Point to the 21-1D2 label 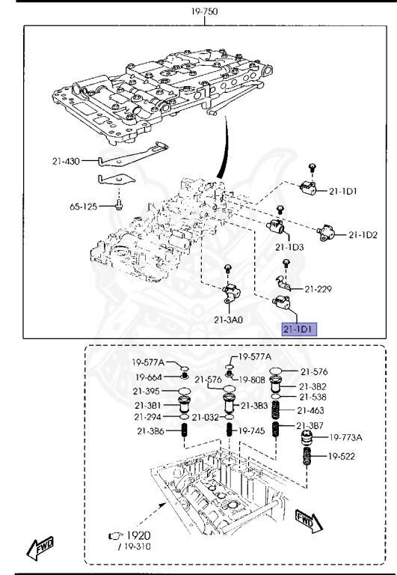[363, 235]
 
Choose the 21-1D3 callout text [289, 246]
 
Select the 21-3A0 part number [229, 320]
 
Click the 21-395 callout [149, 392]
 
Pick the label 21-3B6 [150, 432]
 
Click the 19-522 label [342, 457]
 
